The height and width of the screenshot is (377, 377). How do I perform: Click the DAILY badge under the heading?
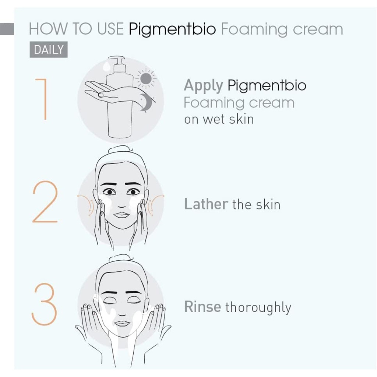(48, 50)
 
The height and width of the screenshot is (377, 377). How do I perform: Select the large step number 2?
(45, 202)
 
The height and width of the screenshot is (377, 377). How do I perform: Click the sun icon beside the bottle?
(146, 78)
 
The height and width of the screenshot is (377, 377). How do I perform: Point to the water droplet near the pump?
(106, 66)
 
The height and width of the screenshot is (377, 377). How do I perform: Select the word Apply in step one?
(203, 86)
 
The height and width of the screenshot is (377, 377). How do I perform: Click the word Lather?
(206, 204)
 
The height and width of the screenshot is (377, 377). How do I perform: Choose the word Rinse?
(202, 307)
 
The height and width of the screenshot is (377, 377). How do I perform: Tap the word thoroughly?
(258, 308)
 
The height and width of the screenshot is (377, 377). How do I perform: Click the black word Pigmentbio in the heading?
(172, 29)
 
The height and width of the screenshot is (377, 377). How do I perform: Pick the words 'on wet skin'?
(219, 119)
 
